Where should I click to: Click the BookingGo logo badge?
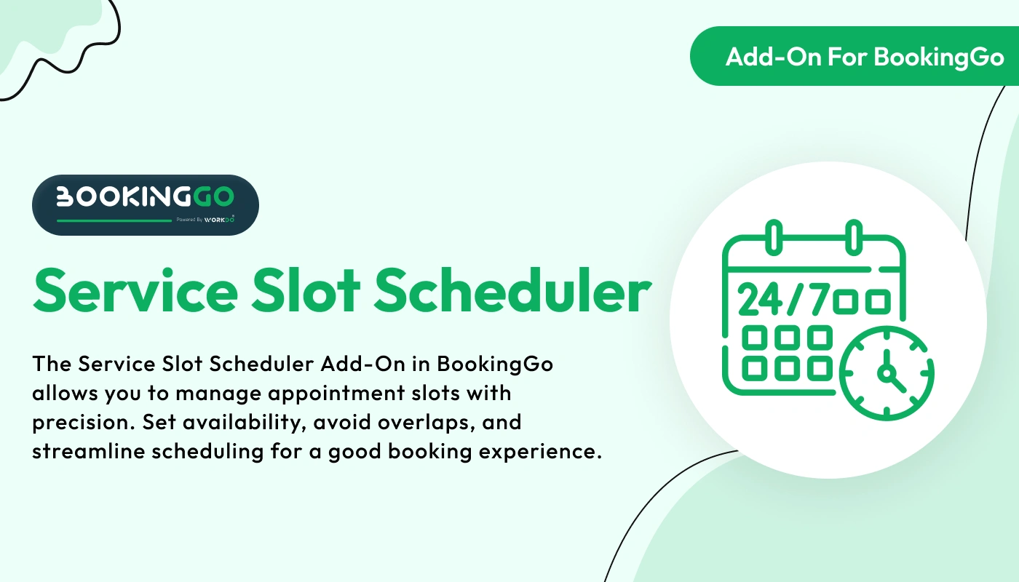pos(145,204)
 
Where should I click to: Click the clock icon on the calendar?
pos(887,374)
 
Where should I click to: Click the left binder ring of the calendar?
pos(775,236)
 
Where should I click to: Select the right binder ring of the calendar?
pos(851,236)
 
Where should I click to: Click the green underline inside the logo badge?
pos(114,219)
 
